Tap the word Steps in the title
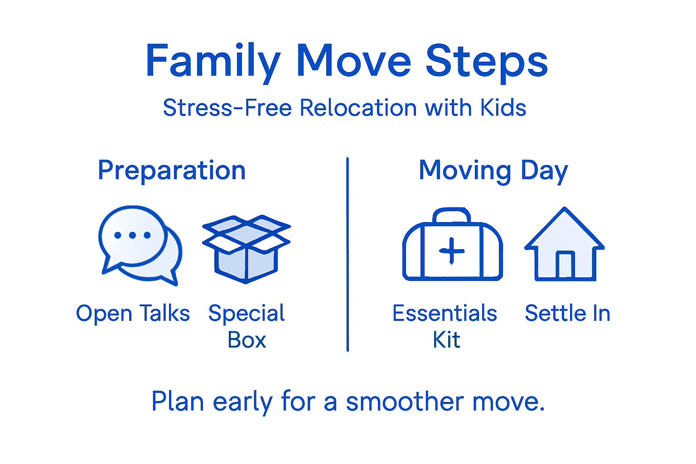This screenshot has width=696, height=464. click(x=487, y=61)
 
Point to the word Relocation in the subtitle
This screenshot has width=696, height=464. click(x=358, y=108)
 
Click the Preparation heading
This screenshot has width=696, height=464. click(x=172, y=170)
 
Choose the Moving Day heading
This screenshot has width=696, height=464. click(x=493, y=170)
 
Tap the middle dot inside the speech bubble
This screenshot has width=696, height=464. click(x=132, y=235)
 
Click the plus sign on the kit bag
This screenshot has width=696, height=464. click(x=452, y=251)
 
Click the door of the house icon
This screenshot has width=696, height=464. click(x=565, y=265)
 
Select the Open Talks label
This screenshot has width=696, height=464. click(x=133, y=313)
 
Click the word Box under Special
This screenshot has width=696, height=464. click(x=246, y=340)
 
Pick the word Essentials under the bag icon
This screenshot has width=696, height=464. click(x=445, y=313)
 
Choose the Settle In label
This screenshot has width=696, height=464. click(x=567, y=313)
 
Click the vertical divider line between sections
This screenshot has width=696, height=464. click(x=348, y=254)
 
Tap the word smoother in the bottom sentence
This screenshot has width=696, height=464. click(x=405, y=401)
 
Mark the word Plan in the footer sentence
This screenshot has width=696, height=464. click(x=177, y=401)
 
